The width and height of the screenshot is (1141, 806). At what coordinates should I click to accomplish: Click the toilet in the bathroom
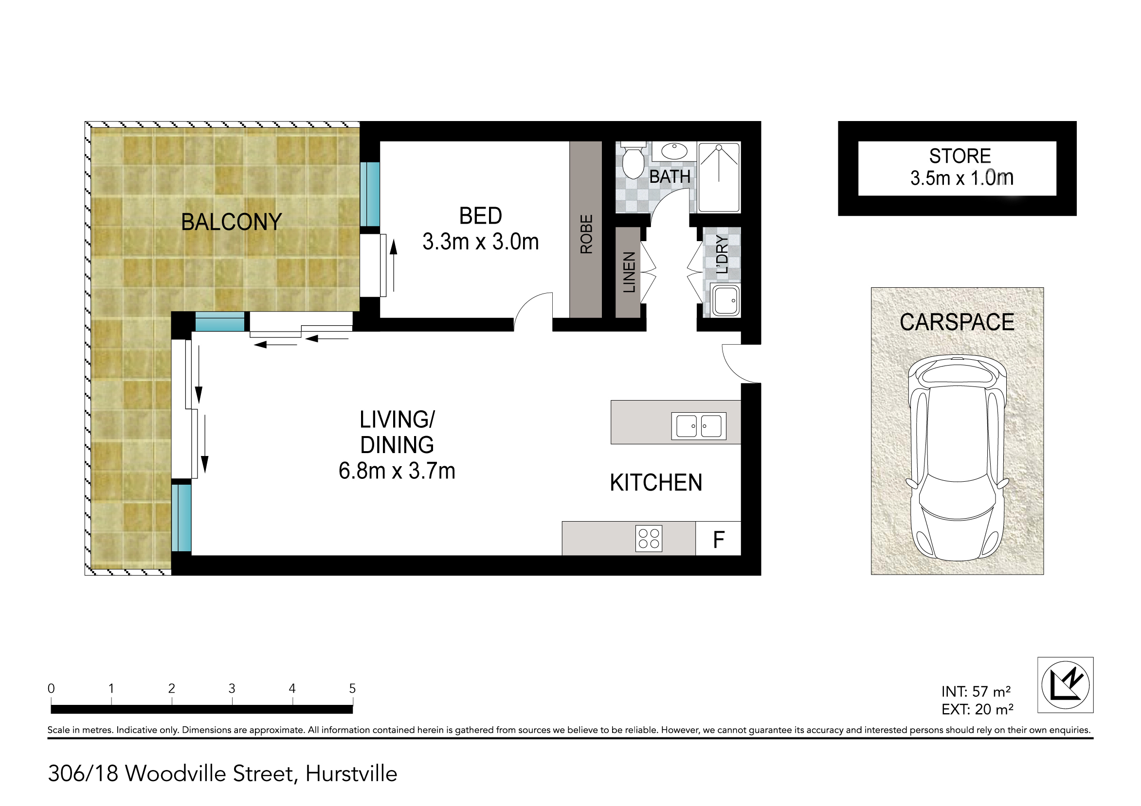[634, 160]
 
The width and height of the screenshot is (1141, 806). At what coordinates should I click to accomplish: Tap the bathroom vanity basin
[674, 151]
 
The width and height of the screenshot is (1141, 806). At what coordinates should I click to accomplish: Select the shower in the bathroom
[719, 177]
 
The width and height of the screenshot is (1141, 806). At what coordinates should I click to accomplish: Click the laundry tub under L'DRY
[725, 300]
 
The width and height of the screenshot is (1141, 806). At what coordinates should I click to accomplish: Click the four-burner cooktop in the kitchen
[649, 539]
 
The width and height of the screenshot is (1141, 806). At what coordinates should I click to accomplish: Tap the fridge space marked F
[719, 538]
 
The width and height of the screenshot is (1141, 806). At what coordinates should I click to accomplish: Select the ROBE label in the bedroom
[586, 234]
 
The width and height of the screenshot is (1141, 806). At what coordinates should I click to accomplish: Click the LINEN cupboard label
[629, 272]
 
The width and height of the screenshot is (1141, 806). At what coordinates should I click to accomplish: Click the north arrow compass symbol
[1066, 685]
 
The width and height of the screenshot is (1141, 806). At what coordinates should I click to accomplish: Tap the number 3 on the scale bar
[232, 689]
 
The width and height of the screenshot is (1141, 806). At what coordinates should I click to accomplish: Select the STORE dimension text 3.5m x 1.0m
[961, 178]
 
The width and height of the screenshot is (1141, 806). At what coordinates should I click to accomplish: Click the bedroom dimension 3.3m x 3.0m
[481, 242]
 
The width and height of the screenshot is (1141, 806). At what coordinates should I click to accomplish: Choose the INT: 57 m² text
[976, 691]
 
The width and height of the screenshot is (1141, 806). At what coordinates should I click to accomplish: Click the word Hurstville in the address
[351, 774]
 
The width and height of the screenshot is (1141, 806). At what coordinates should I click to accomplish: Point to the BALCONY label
[232, 222]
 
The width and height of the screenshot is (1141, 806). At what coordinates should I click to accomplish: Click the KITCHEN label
[656, 483]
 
